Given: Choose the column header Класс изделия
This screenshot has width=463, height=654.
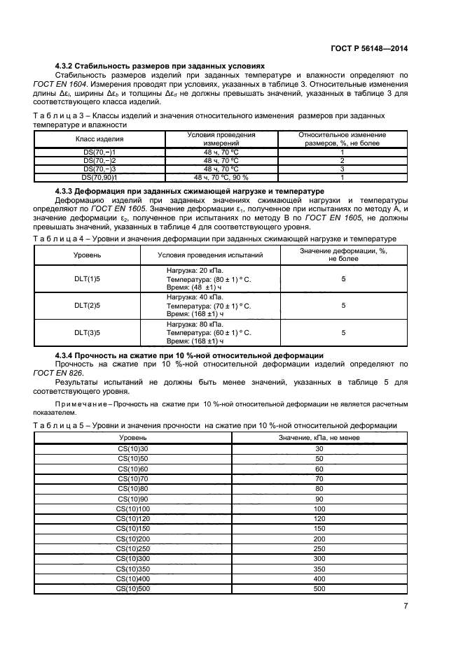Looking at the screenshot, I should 99,138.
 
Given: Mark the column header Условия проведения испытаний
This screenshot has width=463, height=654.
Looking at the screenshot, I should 210,255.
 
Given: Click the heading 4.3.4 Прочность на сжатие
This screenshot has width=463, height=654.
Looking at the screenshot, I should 189,356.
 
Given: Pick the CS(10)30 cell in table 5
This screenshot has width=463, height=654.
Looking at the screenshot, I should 132,448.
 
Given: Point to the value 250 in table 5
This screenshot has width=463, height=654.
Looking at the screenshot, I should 319,549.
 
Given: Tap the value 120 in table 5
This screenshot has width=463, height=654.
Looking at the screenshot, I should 319,519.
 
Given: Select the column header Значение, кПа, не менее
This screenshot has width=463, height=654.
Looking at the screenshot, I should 319,436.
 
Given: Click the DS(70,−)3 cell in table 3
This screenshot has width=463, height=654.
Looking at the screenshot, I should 99,169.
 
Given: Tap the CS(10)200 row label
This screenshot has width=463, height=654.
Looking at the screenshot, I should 132,539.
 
